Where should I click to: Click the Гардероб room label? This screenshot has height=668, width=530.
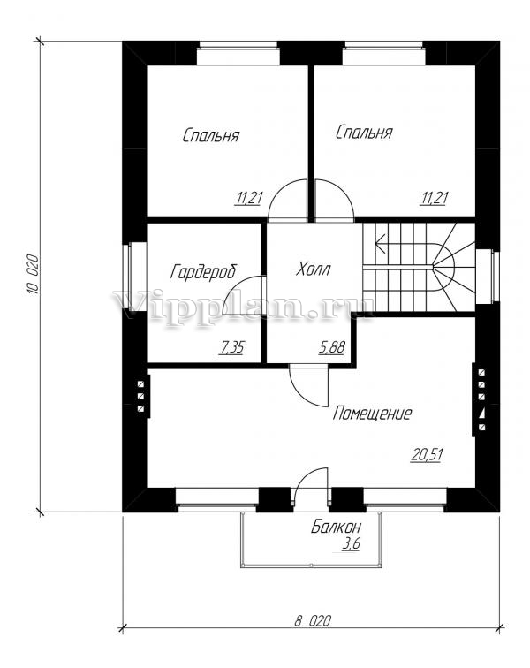click(204, 271)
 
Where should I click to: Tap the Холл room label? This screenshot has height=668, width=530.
click(314, 269)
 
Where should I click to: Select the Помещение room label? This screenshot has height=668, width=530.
click(373, 414)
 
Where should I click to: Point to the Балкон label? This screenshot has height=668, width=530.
click(337, 528)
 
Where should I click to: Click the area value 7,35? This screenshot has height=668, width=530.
click(231, 347)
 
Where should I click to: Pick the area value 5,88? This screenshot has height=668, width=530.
click(331, 347)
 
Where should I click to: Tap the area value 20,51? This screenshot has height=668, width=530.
click(428, 455)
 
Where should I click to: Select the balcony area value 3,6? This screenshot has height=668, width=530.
click(351, 544)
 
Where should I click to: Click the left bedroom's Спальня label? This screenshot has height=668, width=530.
click(211, 135)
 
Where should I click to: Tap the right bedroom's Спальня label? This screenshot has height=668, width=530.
click(364, 133)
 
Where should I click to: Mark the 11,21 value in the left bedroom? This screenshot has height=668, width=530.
click(249, 198)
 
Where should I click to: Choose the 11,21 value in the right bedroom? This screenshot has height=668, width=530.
click(435, 198)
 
